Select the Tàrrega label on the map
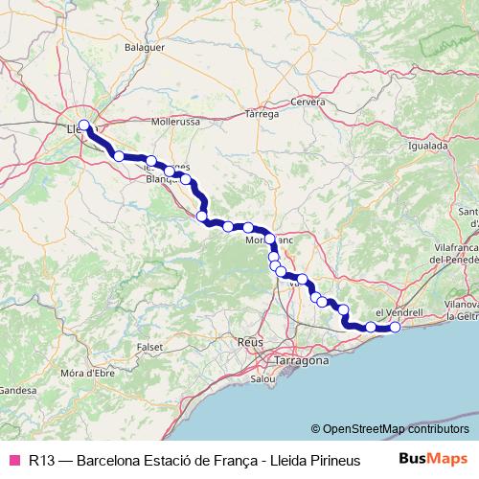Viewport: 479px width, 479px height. (x=262, y=114)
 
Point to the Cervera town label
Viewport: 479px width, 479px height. (x=308, y=101)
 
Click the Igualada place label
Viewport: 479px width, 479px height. (x=428, y=148)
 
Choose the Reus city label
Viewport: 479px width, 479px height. (x=251, y=342)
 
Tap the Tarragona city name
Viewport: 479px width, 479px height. (x=288, y=362)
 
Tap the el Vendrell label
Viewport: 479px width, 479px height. (x=399, y=313)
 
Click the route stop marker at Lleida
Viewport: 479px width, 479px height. (x=84, y=125)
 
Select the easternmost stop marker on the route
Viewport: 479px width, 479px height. (x=394, y=328)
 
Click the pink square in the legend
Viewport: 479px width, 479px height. (x=14, y=460)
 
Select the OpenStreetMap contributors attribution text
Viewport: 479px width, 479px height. (x=396, y=429)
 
